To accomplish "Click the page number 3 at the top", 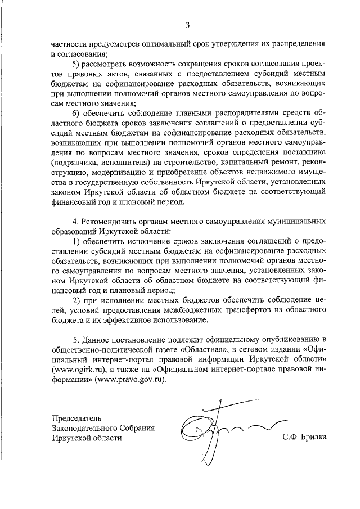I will point(188,24).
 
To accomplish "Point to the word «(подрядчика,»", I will point(74,161).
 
